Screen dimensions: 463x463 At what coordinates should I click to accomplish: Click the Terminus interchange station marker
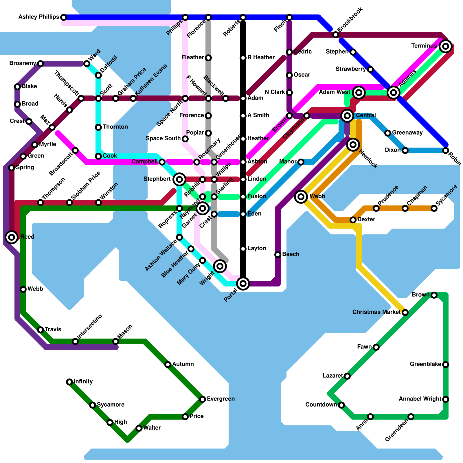coord(446,46)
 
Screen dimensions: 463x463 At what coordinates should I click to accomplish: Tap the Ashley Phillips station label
coord(39,17)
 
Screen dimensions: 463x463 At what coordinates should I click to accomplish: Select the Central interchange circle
coord(347,116)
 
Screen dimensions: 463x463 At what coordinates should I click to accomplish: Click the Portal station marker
coord(243,284)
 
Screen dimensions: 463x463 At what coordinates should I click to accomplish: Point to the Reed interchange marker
coord(12,237)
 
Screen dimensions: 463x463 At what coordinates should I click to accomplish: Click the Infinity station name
coord(83,381)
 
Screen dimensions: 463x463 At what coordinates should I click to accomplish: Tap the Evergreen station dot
coord(203,399)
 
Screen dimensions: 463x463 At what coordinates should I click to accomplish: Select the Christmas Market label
coord(376,312)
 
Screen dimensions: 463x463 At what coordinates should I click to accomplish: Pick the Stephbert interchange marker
coord(179,180)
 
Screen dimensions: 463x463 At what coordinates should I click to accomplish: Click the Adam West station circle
coord(359,93)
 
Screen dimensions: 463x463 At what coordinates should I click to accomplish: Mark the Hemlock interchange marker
coord(353,144)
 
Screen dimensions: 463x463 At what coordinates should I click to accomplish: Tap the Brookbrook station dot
coord(336,35)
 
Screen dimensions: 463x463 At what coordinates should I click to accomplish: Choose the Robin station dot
coord(446,150)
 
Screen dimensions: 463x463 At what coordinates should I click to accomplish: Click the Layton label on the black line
coord(257,248)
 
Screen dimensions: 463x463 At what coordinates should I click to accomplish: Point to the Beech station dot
coord(278,255)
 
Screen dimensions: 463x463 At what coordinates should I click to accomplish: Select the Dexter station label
coord(366,219)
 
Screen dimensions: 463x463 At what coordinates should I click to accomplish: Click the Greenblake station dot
coord(446,365)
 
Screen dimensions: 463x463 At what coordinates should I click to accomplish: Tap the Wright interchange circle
coord(220,266)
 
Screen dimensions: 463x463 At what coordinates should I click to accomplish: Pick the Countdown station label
coord(321,405)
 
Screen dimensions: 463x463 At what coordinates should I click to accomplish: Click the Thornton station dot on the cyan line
coord(98,127)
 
